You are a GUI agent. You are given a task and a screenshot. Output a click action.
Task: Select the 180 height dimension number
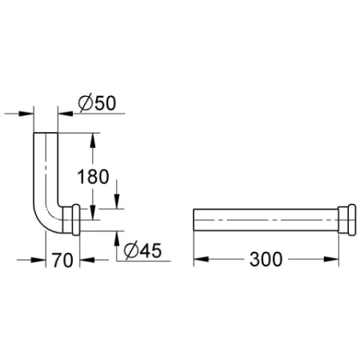click(x=94, y=176)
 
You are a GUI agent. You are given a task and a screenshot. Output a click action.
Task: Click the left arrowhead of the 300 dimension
click(x=199, y=259)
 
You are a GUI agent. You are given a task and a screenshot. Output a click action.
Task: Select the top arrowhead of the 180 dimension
click(x=93, y=137)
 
